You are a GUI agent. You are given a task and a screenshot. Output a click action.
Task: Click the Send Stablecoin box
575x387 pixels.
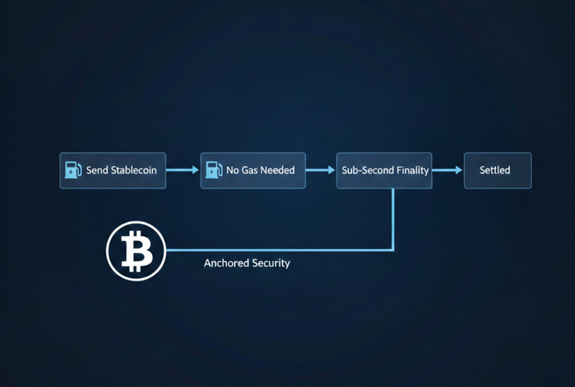(112, 171)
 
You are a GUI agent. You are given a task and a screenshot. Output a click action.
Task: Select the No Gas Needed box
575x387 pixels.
(253, 171)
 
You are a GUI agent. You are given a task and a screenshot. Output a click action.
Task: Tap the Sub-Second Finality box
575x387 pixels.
(384, 171)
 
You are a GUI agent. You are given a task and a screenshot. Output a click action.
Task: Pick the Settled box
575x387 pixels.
(497, 171)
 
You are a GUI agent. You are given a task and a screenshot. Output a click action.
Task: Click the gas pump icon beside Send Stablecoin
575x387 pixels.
(73, 170)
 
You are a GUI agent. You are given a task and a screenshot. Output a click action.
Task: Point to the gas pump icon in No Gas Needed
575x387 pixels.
(213, 170)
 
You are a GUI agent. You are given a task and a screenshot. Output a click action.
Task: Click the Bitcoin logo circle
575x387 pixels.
(135, 250)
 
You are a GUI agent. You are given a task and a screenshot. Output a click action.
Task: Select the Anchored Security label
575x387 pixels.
(247, 264)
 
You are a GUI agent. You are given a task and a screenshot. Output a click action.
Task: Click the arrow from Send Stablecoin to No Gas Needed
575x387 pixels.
(183, 170)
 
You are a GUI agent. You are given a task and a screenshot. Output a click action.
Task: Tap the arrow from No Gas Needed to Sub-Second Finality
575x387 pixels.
(320, 170)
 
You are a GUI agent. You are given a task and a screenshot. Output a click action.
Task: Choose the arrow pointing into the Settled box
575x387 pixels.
(447, 170)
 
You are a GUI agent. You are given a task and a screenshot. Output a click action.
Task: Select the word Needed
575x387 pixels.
(277, 171)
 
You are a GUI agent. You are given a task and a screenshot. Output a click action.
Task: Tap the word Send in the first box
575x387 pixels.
(97, 171)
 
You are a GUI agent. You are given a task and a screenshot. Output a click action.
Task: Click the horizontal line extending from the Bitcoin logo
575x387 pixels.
(278, 250)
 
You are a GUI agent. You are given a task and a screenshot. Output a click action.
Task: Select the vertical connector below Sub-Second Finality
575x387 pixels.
(393, 218)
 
